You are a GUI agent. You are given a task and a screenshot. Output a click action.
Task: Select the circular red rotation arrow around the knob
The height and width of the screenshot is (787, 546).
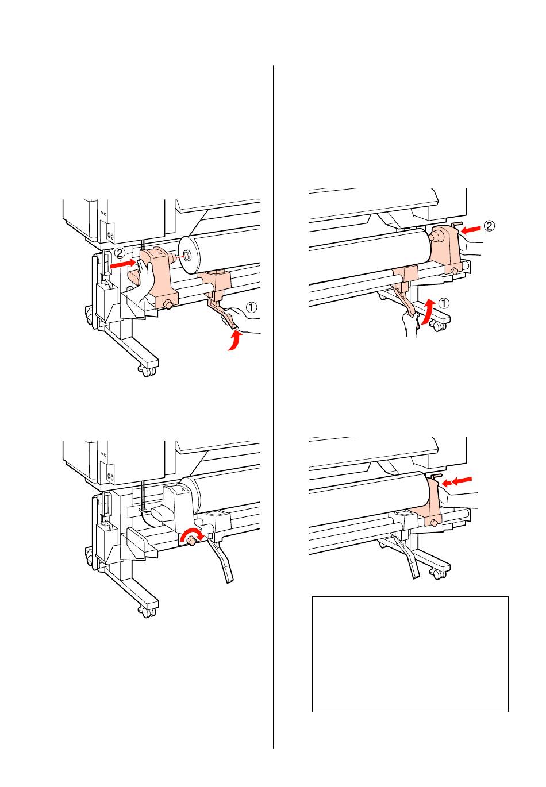[x=191, y=537]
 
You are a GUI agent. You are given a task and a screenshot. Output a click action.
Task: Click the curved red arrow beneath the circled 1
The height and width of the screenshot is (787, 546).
[x=234, y=341]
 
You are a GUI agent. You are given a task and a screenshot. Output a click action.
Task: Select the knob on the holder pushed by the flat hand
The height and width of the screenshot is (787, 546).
[x=168, y=304]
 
